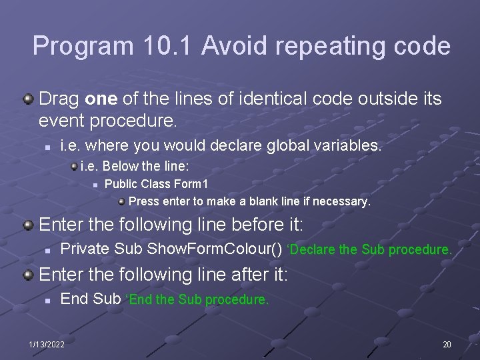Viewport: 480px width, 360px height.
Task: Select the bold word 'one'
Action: pos(101,99)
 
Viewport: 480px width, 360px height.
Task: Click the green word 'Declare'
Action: pos(312,250)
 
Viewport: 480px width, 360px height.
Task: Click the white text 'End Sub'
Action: pos(91,299)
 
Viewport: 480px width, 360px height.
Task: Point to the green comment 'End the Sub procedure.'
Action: pos(199,300)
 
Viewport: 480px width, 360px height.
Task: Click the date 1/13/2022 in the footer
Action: pos(47,344)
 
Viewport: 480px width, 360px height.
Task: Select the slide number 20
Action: pos(446,344)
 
